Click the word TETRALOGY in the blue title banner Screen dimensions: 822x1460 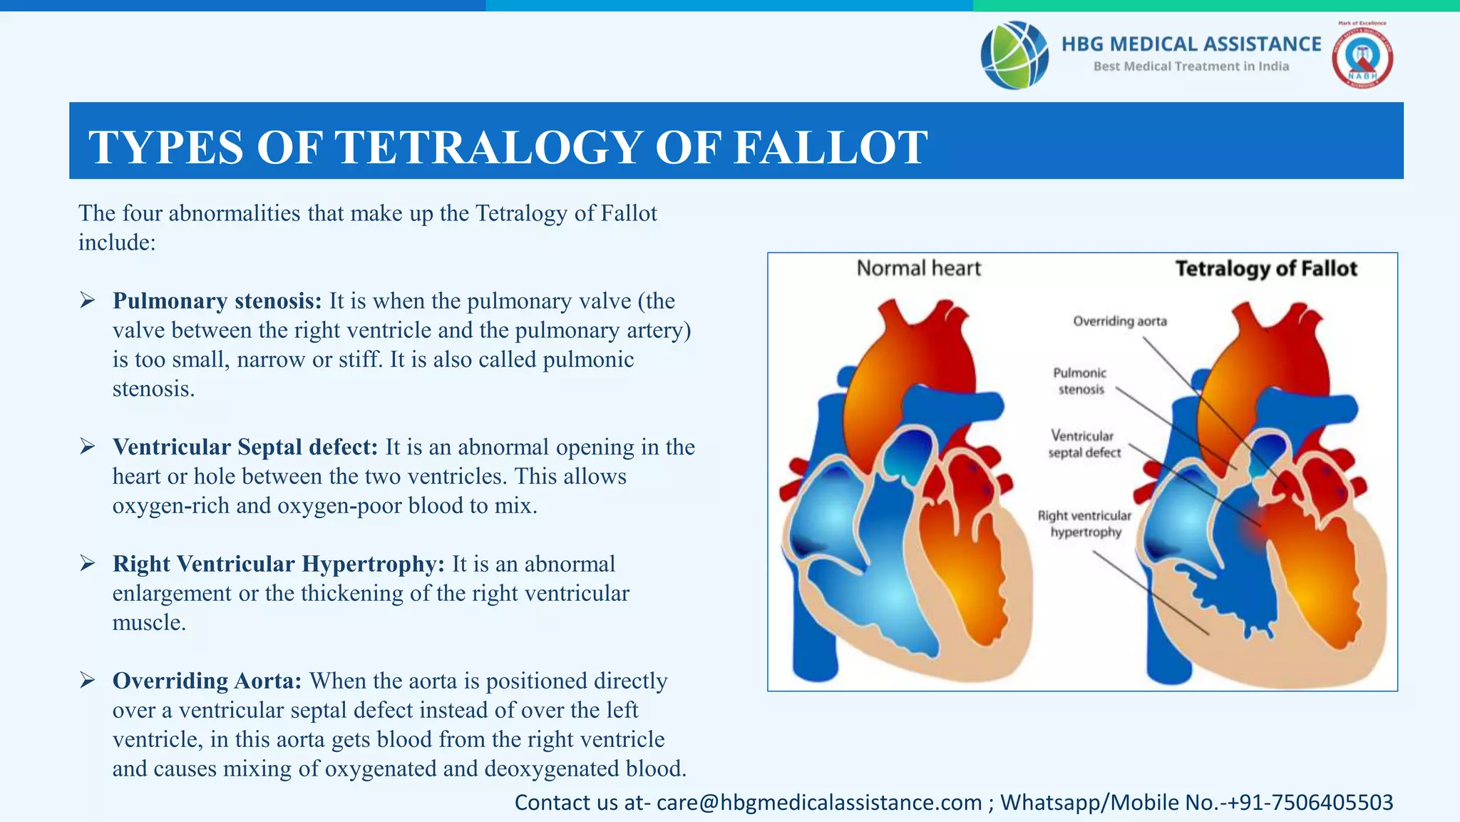tap(490, 148)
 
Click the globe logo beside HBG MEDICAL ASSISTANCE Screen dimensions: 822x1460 tap(1014, 55)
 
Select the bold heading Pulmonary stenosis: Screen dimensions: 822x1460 tap(217, 301)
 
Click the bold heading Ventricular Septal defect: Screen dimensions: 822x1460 tap(245, 447)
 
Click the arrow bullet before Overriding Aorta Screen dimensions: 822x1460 tap(88, 680)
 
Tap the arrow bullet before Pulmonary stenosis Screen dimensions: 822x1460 tap(88, 300)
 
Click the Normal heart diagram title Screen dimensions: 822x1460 tap(918, 268)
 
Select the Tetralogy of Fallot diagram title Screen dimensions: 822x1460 tap(1265, 268)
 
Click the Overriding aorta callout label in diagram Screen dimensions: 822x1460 tap(1120, 321)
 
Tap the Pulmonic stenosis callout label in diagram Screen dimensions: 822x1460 tap(1080, 381)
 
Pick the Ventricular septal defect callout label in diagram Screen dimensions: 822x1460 tap(1084, 444)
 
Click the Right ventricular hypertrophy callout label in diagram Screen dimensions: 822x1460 tap(1084, 524)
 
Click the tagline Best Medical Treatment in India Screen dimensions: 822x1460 tap(1191, 66)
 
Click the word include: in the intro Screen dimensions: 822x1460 tap(117, 243)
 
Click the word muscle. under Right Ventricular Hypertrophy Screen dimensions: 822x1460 tap(149, 623)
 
